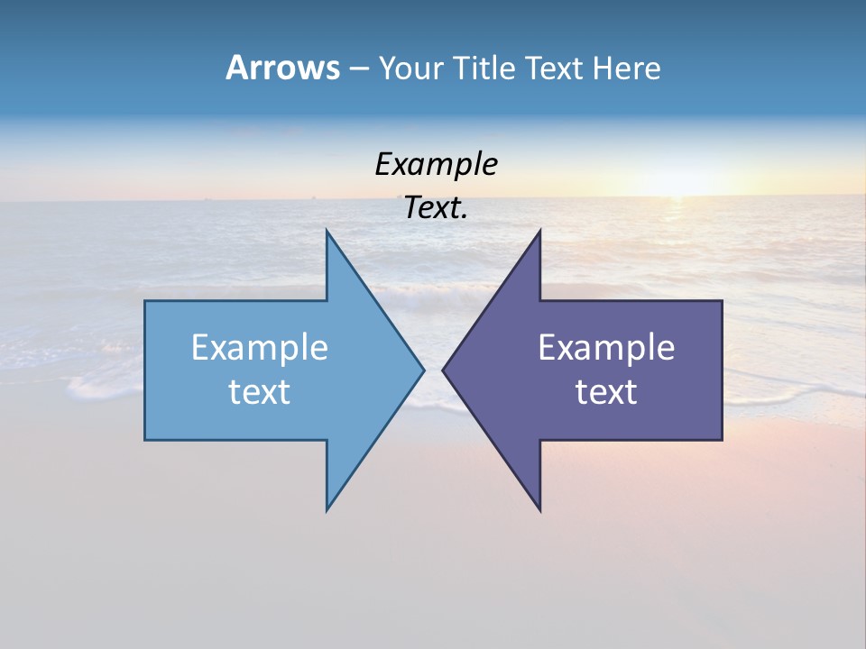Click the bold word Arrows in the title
tap(282, 68)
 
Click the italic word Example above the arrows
tap(436, 166)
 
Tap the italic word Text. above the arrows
tap(436, 208)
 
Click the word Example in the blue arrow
tap(260, 348)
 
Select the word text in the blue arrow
tap(260, 391)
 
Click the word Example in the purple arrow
tap(606, 348)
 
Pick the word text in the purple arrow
tap(606, 391)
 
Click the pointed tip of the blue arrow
tap(423, 370)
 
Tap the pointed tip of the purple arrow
tap(443, 370)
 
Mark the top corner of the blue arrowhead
tap(327, 232)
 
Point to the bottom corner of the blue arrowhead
tap(327, 509)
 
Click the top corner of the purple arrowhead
tap(539, 232)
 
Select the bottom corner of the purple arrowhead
tap(539, 509)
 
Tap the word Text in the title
tap(555, 69)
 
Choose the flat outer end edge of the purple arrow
tap(722, 370)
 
